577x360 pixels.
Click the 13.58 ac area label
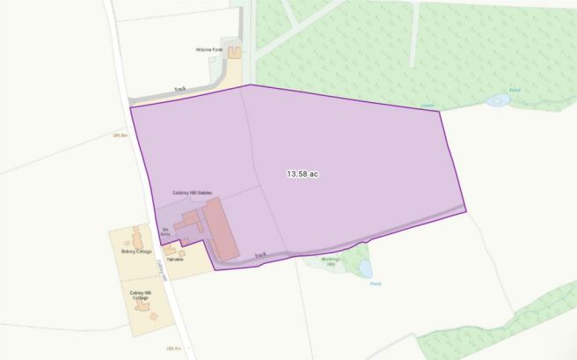click(x=302, y=174)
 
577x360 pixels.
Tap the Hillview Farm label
click(x=211, y=50)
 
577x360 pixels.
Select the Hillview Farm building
click(x=235, y=53)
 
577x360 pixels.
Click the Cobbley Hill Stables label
click(x=193, y=193)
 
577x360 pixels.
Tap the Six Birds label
click(x=164, y=232)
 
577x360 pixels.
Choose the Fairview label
click(x=175, y=261)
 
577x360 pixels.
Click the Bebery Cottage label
click(x=136, y=252)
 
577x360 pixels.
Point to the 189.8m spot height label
click(x=121, y=135)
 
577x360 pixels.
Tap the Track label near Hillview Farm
click(x=180, y=89)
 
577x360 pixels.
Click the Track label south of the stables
click(x=259, y=256)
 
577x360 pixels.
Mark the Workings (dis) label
click(x=331, y=262)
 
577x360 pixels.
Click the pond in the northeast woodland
click(x=499, y=100)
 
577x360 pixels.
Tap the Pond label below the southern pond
click(x=375, y=283)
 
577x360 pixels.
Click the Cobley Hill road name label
click(x=161, y=265)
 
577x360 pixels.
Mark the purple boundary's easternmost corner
click(x=465, y=211)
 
